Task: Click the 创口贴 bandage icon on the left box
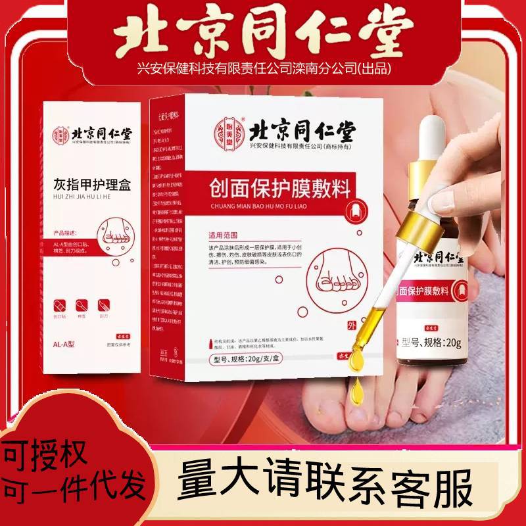click(60, 306)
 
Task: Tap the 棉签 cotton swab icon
click(82, 306)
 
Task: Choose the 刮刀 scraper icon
click(103, 306)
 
